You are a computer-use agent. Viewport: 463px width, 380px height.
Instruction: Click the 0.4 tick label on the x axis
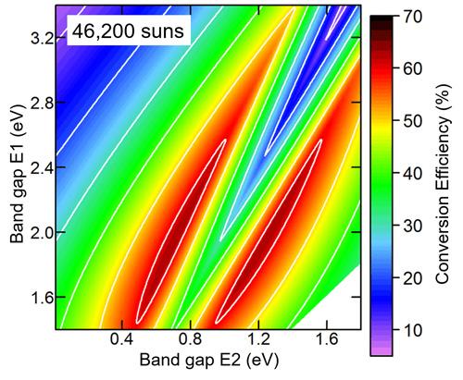tap(120, 341)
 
